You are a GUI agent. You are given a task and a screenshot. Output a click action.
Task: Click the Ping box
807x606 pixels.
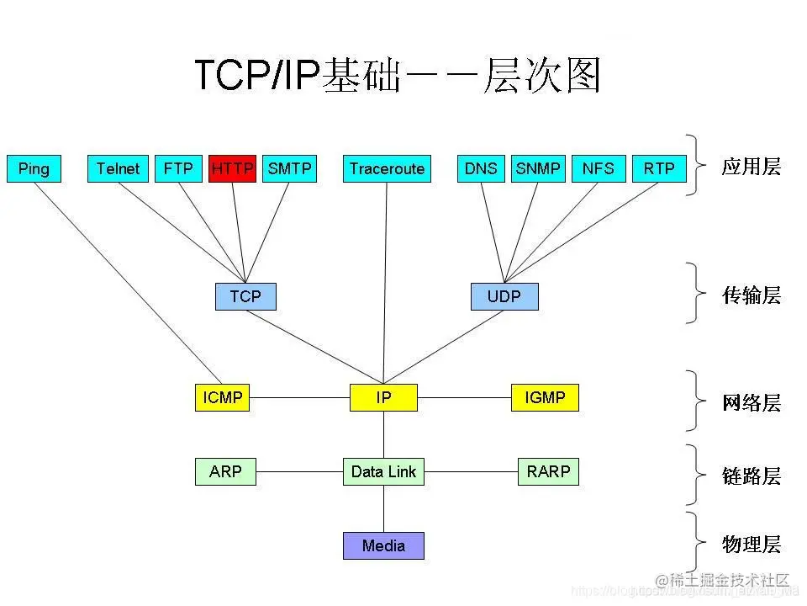34,168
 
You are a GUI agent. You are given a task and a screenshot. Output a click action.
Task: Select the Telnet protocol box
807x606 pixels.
118,168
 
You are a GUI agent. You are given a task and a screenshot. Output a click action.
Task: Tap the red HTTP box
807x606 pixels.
232,168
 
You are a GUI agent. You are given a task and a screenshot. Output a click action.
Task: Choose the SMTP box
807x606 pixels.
289,168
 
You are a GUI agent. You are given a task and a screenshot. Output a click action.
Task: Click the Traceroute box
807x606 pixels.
387,168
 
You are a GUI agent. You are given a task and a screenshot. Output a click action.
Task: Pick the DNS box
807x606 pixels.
481,168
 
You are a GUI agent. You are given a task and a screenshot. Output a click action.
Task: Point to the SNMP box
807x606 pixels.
538,168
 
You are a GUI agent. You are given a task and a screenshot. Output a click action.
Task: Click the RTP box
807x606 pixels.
659,168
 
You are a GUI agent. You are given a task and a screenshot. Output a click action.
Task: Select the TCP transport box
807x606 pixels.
245,296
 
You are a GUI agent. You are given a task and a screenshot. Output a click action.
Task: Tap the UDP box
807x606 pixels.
504,296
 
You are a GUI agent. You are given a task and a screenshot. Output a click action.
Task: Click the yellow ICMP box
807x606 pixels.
223,397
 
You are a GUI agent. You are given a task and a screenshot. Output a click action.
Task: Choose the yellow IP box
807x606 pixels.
383,397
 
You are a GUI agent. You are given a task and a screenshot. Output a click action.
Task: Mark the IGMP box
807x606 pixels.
545,397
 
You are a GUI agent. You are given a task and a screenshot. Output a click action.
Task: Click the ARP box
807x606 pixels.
225,471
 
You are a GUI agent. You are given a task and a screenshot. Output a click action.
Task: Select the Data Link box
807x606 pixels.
383,471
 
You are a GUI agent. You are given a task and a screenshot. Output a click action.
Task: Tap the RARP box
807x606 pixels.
548,471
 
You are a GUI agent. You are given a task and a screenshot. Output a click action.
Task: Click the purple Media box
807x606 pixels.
383,545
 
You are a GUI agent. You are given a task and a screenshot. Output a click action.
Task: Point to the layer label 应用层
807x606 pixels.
751,167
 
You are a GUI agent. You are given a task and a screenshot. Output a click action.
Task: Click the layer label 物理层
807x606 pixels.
751,545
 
